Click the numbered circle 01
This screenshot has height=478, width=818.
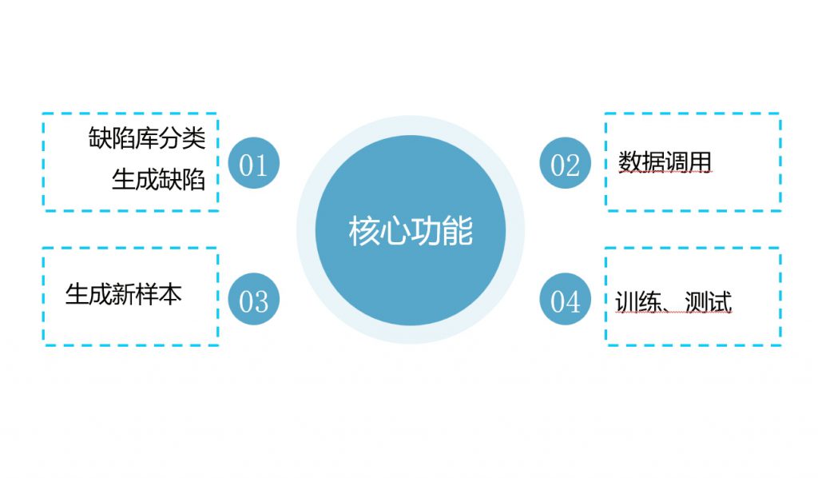254,163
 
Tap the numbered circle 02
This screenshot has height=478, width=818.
565,163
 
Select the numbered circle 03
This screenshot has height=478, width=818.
254,298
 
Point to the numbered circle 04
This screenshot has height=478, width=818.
565,298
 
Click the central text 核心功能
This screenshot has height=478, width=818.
411,231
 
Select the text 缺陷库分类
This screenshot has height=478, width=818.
147,137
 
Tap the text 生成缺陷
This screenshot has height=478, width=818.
159,180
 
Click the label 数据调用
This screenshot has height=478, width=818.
665,161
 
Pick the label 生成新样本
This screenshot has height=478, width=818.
124,294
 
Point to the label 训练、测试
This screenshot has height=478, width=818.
673,301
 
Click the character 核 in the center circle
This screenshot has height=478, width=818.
364,231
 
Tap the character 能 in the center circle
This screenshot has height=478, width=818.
458,231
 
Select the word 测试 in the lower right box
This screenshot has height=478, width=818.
709,301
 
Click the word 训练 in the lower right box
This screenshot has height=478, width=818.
639,301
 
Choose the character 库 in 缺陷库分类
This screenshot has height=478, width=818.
147,137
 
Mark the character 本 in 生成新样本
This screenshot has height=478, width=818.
171,294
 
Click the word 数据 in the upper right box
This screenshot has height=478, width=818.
641,161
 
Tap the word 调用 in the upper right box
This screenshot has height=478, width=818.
688,161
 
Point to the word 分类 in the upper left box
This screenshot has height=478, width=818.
183,137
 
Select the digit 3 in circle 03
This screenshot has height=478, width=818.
261,301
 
